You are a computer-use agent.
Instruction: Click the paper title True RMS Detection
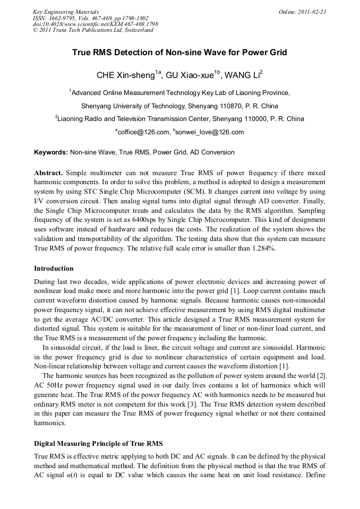179,53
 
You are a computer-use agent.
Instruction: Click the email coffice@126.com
142,132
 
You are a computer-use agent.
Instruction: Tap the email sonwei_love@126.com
210,132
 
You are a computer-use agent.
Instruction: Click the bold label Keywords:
51,152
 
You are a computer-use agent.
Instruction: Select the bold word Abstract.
48,174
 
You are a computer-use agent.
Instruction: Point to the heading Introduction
54,269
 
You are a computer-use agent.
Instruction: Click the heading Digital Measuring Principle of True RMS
98,443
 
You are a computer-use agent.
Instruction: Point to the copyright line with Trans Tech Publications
93,30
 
